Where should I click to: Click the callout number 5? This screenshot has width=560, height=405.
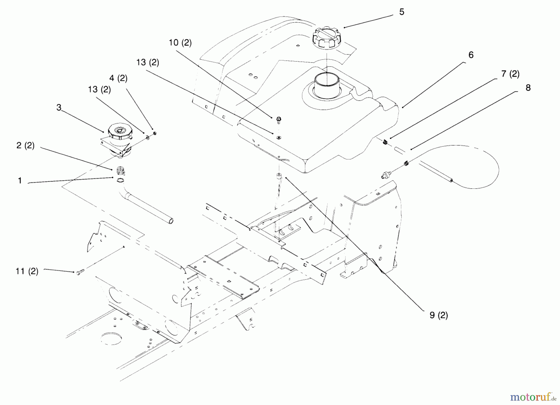[x=402, y=12]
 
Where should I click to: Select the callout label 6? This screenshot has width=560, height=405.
[x=471, y=55]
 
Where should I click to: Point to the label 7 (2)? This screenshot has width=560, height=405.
[x=510, y=74]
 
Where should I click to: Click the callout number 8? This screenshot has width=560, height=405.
[x=528, y=88]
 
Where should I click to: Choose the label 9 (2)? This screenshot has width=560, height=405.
[x=439, y=315]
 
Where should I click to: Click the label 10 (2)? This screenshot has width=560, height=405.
[x=180, y=43]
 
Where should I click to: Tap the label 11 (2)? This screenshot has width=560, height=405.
[x=27, y=271]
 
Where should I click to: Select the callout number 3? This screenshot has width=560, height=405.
[x=59, y=108]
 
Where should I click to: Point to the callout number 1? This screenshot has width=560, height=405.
[x=20, y=181]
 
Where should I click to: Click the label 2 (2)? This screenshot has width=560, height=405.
[x=26, y=145]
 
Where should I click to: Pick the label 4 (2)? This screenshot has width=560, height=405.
[x=118, y=78]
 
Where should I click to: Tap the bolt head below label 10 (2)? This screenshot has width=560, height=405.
[x=278, y=119]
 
